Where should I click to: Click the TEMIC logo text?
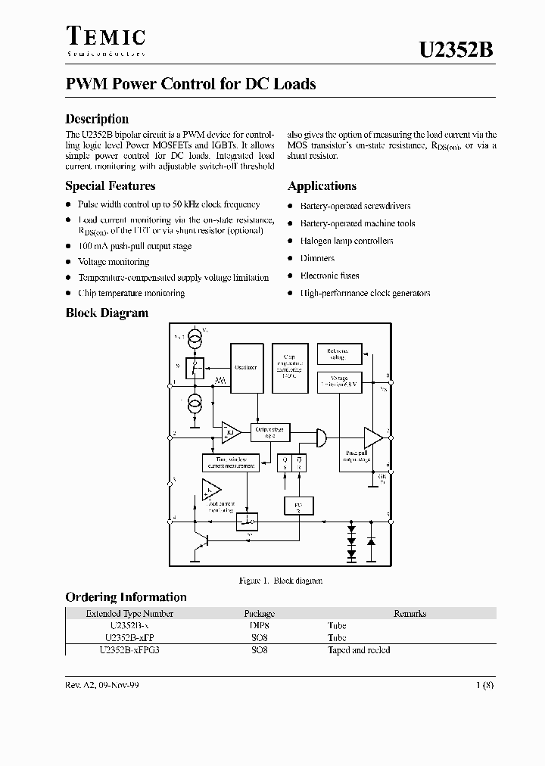click(x=105, y=37)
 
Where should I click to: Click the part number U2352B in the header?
click(x=456, y=50)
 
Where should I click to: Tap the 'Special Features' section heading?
click(x=111, y=185)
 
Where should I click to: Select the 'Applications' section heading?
click(x=322, y=185)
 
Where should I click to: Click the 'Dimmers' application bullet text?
click(x=318, y=258)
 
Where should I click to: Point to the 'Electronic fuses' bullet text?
click(x=329, y=276)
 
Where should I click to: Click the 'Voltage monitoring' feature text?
click(x=114, y=262)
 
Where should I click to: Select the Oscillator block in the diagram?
click(x=246, y=366)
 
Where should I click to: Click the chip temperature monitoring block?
click(x=288, y=366)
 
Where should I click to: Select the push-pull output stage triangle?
click(x=373, y=438)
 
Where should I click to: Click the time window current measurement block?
click(x=230, y=462)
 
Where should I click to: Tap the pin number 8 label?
click(x=388, y=376)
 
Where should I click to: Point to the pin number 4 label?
click(x=174, y=518)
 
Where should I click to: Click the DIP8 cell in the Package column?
click(x=259, y=626)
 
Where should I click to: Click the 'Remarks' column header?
click(x=410, y=614)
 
